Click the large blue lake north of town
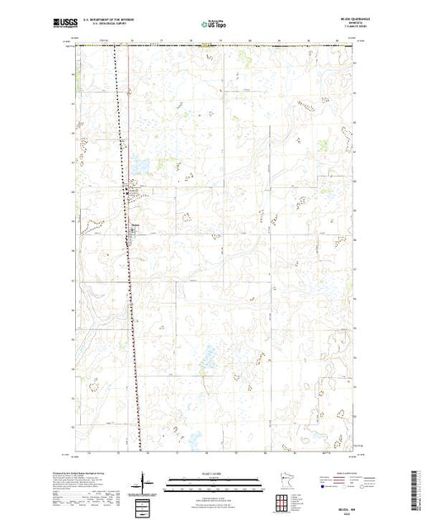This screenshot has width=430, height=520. tap(139, 165)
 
